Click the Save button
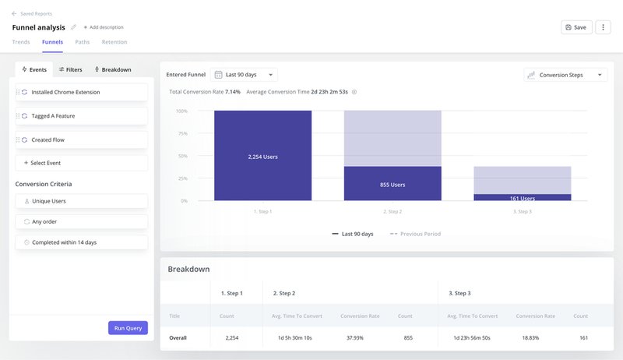pyautogui.click(x=576, y=27)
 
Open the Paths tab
pyautogui.click(x=82, y=42)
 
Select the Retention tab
pyautogui.click(x=114, y=42)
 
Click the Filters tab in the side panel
pyautogui.click(x=70, y=69)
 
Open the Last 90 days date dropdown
pyautogui.click(x=245, y=75)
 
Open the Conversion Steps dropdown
pyautogui.click(x=565, y=75)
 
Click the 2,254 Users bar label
pyautogui.click(x=262, y=157)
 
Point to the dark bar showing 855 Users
pyautogui.click(x=392, y=184)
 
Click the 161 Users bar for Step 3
pyautogui.click(x=522, y=198)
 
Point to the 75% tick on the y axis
pyautogui.click(x=181, y=133)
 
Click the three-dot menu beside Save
pyautogui.click(x=602, y=27)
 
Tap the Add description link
pyautogui.click(x=104, y=27)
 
